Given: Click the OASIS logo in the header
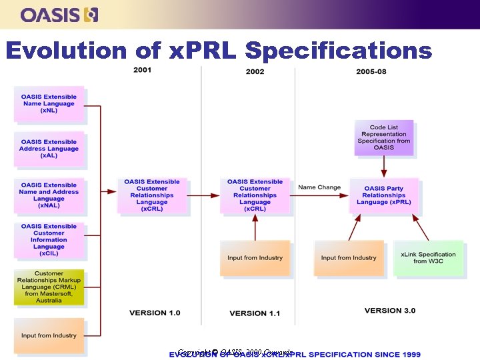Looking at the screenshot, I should pos(59,14).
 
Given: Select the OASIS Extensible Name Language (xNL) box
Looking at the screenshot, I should pos(49,103).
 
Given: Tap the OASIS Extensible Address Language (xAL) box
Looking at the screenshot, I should pos(49,149).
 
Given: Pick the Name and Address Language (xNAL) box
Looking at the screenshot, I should pos(49,195).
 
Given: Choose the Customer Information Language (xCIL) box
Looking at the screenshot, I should pos(49,240).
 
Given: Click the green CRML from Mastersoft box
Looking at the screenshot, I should pos(49,287).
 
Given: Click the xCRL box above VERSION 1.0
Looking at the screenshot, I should pos(152,195).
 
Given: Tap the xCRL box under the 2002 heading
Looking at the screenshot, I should pos(255,195).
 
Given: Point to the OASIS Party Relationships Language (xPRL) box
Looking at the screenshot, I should pos(383,195).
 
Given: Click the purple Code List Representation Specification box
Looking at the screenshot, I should pos(383,137).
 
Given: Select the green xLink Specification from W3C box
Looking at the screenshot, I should pos(428,257).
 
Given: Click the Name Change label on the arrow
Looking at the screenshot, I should pos(319,187).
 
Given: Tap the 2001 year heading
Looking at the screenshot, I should pos(143,70).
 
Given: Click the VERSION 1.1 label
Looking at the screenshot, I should pos(255,313).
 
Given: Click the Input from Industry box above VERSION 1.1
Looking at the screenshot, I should pos(255,258).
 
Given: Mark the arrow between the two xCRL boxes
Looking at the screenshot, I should pos(203,195).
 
